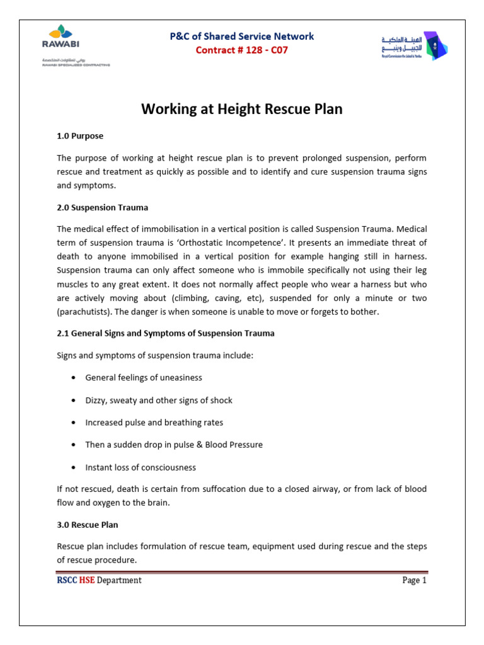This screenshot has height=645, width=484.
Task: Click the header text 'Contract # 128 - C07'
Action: click(242, 50)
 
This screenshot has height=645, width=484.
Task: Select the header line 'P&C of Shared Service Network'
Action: click(242, 37)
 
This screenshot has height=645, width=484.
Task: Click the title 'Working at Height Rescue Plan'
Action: click(242, 109)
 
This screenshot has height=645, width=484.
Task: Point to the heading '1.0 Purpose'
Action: click(80, 135)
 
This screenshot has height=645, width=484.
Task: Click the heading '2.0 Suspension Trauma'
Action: click(102, 207)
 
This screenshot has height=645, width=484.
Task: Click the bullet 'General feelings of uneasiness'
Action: click(144, 378)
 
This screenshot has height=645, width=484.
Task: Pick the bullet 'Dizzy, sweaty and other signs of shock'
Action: click(159, 400)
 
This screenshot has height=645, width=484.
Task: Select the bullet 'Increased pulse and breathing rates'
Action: click(154, 423)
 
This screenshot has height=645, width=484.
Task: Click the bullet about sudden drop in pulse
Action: click(174, 445)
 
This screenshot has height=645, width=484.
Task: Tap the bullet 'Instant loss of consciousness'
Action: click(141, 467)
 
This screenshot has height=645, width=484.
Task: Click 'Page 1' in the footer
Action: click(414, 580)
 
